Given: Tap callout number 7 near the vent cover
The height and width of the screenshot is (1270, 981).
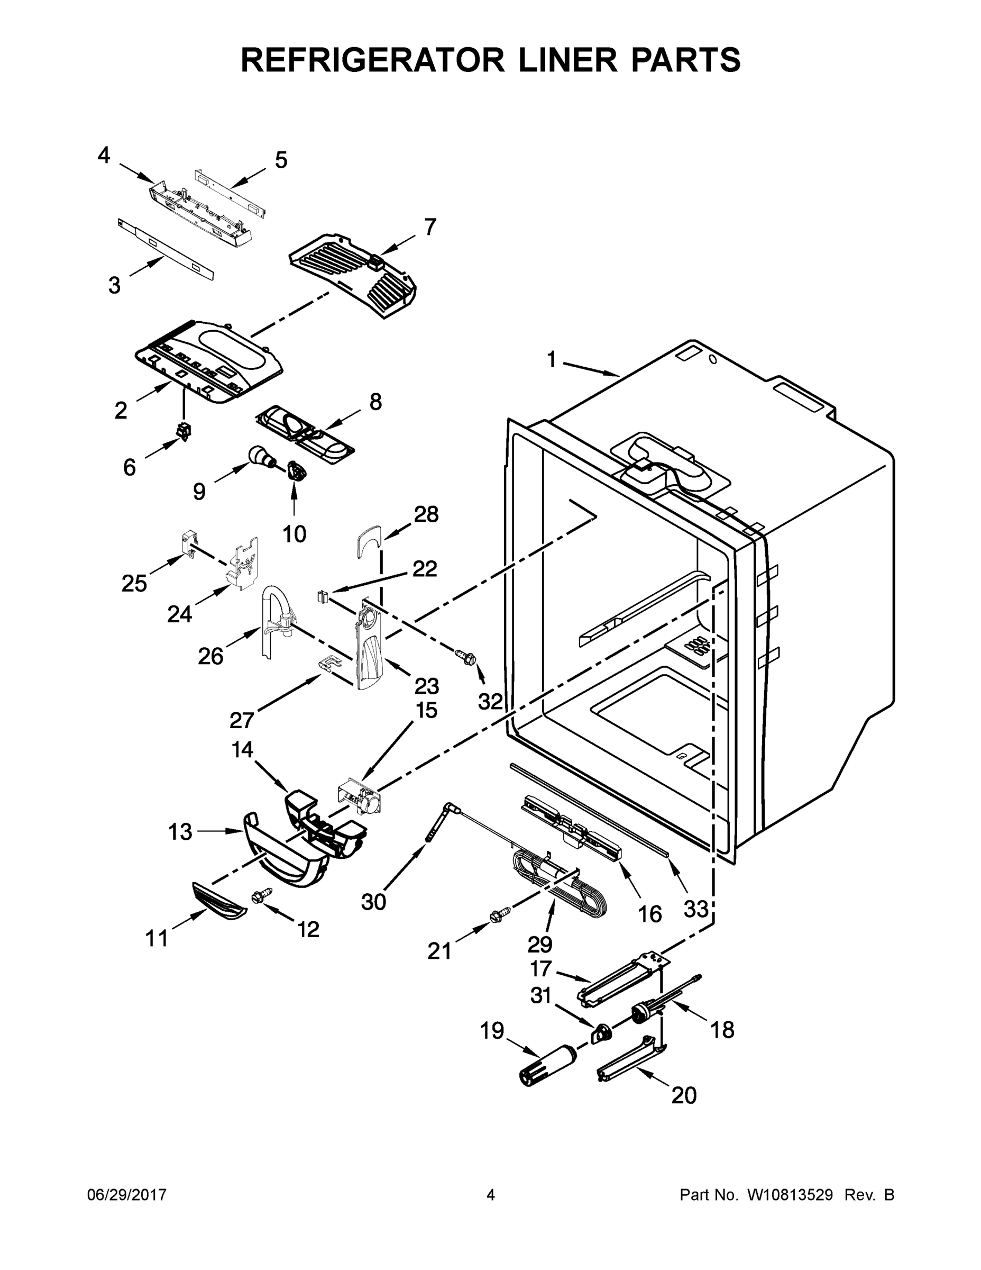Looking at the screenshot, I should pyautogui.click(x=429, y=227).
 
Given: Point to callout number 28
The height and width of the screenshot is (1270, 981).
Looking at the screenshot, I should pyautogui.click(x=426, y=514).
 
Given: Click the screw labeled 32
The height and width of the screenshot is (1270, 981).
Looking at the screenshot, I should pyautogui.click(x=466, y=658).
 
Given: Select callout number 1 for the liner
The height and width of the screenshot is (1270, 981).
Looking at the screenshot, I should pyautogui.click(x=552, y=360).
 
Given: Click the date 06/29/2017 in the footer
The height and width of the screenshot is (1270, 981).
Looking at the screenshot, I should pyautogui.click(x=127, y=1195).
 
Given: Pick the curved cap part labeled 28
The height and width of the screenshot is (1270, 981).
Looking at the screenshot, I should pyautogui.click(x=369, y=540).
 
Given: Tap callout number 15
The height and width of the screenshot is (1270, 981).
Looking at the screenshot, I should pyautogui.click(x=426, y=710).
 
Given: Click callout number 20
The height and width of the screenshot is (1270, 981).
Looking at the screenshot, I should pyautogui.click(x=684, y=1095).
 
